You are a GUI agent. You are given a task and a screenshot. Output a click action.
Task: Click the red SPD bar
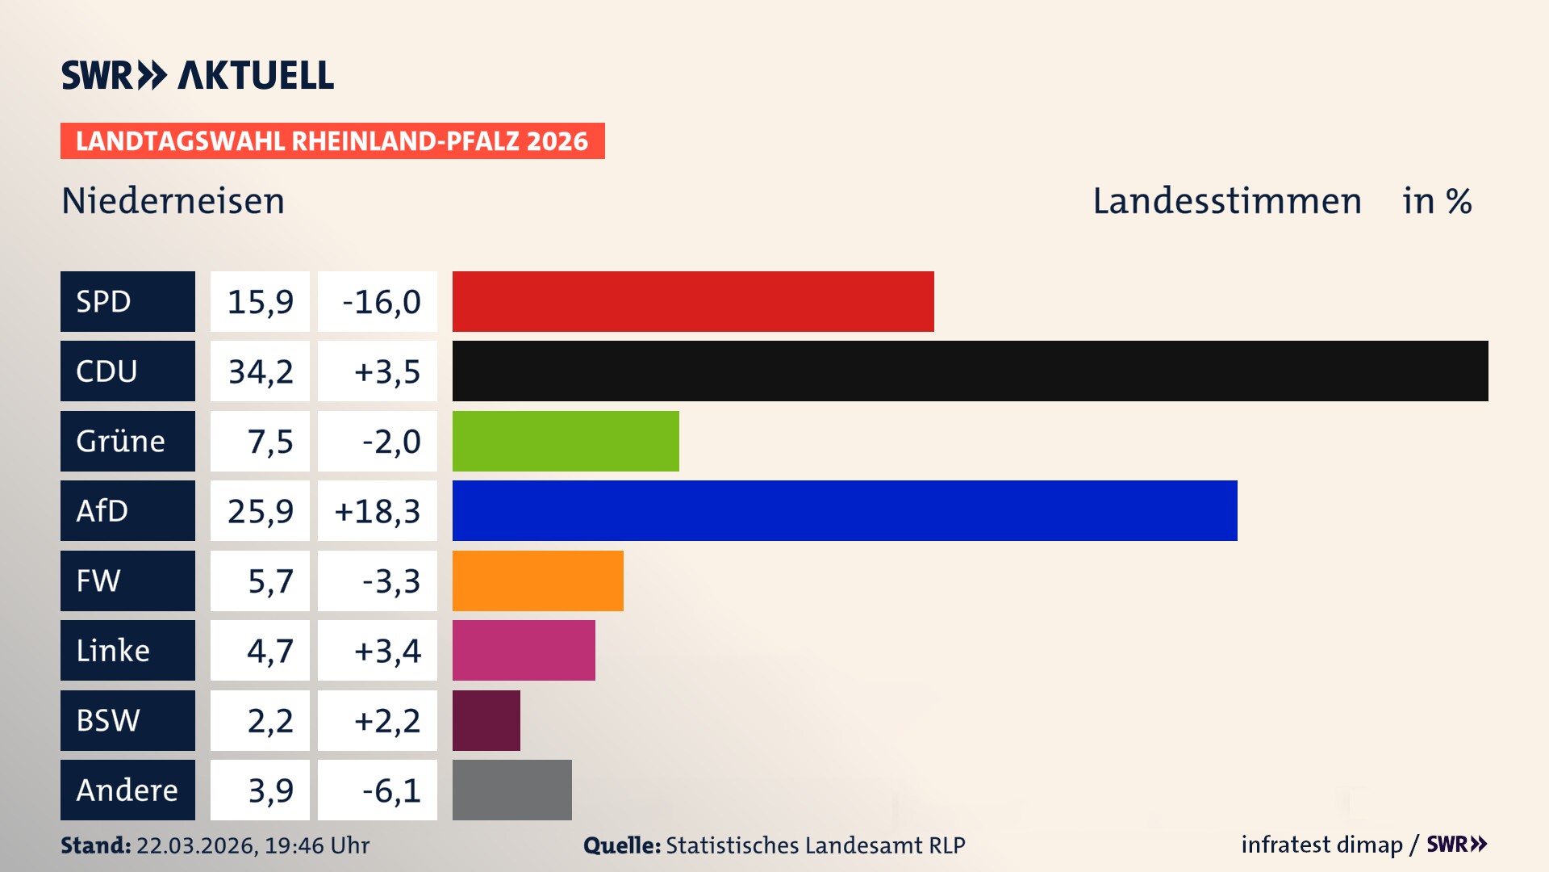692,301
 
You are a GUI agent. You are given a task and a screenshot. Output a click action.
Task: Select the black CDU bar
970,371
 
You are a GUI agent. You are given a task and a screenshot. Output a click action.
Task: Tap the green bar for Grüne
565,441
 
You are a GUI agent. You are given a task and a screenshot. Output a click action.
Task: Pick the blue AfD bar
844,510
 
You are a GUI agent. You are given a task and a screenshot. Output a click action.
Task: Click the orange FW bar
537,581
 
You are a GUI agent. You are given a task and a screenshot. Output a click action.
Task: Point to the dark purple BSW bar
486,720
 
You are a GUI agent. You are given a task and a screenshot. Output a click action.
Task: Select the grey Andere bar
511,790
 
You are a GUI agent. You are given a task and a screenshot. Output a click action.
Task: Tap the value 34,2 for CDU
260,371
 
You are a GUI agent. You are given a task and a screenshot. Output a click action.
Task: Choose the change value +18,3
378,511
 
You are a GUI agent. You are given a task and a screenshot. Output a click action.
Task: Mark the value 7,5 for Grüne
269,442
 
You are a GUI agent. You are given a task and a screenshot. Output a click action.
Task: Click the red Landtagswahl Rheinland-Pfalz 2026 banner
332,141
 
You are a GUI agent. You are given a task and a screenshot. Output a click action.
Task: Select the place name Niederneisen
173,201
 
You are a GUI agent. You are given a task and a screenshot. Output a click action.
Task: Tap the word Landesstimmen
1226,201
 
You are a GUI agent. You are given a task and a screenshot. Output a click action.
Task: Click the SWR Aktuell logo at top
198,75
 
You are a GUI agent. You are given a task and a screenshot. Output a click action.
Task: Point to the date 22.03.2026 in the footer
196,845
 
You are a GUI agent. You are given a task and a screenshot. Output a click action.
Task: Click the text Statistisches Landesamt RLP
815,845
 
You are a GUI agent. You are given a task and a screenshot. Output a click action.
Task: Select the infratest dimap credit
1321,845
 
